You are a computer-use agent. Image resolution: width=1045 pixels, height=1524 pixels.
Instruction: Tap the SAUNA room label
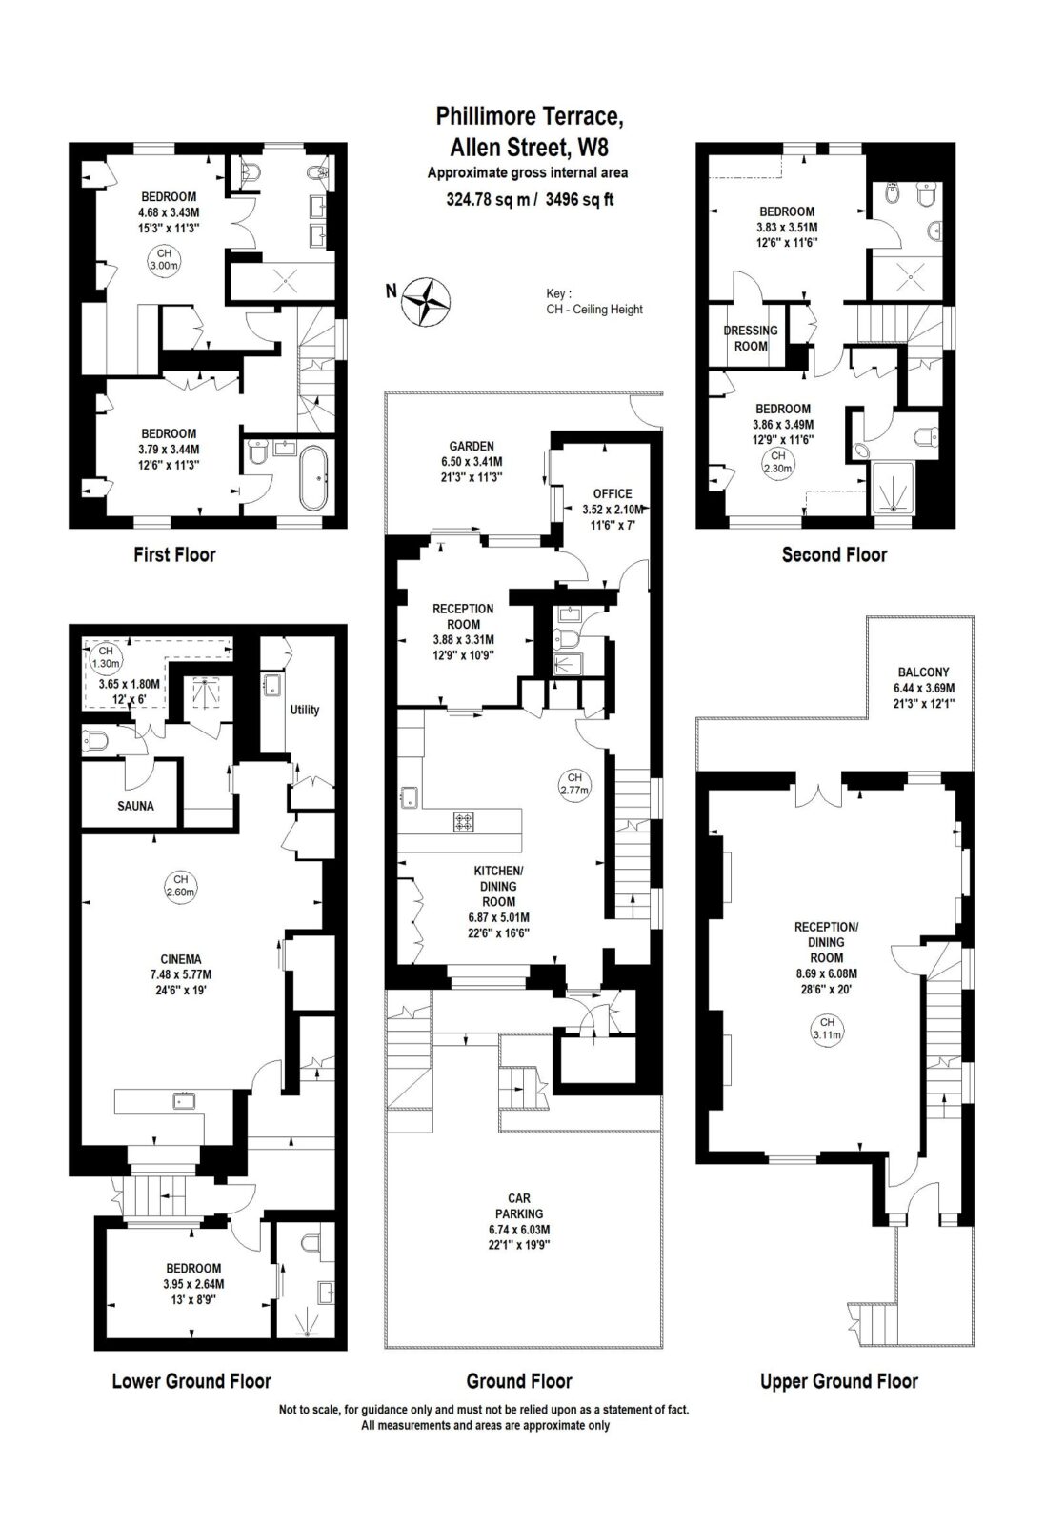coord(135,806)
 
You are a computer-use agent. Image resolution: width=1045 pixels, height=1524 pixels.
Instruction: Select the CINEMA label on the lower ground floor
coord(181,958)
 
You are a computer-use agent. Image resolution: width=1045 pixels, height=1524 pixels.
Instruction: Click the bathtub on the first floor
coord(313,477)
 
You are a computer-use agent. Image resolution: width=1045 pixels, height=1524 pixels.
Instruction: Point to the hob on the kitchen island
coord(464,822)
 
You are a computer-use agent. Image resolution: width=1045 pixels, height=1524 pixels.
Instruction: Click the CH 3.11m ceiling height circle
coord(827,1029)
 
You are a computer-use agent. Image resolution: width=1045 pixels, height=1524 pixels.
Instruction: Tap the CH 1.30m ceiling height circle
coord(106,657)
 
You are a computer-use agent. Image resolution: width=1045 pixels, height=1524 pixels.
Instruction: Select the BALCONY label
coord(923,672)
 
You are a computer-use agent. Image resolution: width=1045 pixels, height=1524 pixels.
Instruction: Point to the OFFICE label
coord(613,493)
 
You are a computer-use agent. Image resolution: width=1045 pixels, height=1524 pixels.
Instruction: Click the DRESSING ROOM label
coord(751,338)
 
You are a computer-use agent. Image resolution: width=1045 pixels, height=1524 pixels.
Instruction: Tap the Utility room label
coord(304,710)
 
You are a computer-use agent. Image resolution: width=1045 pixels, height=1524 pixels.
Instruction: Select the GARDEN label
coord(472,446)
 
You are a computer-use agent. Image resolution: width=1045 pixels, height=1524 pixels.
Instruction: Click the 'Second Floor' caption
coord(834,554)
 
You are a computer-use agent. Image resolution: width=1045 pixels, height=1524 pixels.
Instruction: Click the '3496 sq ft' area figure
coord(579,199)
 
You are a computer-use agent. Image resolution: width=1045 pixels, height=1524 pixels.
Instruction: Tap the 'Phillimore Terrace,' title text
coord(530,115)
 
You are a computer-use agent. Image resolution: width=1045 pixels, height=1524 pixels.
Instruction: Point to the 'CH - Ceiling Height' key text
coord(593,309)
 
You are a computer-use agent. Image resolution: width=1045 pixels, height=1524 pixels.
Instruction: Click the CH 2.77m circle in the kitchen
coord(574,784)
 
